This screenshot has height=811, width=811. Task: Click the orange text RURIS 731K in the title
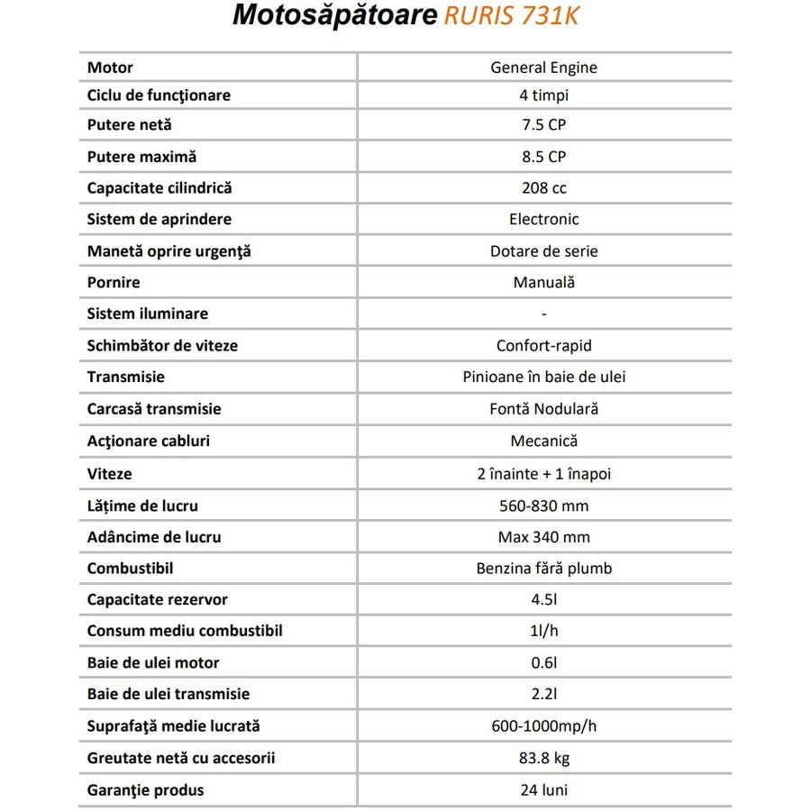click(512, 17)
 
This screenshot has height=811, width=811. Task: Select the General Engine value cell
click(543, 68)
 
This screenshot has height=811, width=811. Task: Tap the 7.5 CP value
click(543, 125)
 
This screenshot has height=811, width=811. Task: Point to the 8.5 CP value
click(543, 157)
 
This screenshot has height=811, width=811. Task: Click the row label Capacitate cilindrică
click(159, 188)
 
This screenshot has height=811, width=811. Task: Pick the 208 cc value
click(543, 188)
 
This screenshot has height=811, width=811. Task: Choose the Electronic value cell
click(543, 219)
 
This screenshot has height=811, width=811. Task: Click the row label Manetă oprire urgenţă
click(169, 251)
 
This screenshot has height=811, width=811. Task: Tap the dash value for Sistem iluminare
click(543, 314)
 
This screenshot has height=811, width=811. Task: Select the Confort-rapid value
click(543, 345)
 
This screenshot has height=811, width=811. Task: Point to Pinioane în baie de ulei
click(543, 377)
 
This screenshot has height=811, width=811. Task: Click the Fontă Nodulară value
click(543, 408)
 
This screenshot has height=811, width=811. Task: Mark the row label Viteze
click(109, 473)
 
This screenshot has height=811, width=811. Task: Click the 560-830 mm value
click(543, 506)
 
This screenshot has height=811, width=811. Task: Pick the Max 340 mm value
click(543, 537)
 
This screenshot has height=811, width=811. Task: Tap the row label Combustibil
click(130, 569)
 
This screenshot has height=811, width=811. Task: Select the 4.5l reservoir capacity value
click(543, 599)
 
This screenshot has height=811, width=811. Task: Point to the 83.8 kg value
click(543, 758)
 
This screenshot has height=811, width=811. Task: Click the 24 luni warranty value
click(543, 790)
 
